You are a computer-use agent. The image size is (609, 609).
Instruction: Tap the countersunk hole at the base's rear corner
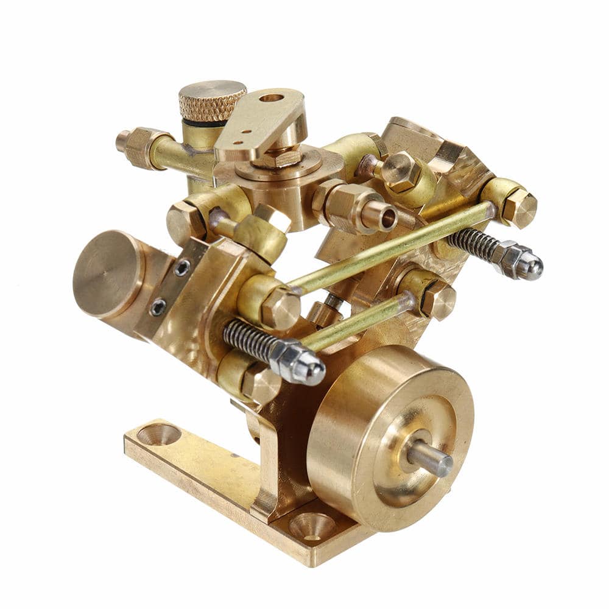click(159, 434)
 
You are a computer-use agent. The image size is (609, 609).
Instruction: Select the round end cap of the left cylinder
click(107, 274)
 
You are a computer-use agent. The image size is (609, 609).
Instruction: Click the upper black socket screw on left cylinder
click(181, 267)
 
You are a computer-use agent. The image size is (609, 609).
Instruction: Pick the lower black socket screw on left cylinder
click(158, 308)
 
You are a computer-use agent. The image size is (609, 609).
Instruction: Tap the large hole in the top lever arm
click(271, 97)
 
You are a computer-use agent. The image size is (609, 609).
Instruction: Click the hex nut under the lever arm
click(277, 160)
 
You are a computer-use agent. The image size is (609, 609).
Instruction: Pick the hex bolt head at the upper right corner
click(519, 207)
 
